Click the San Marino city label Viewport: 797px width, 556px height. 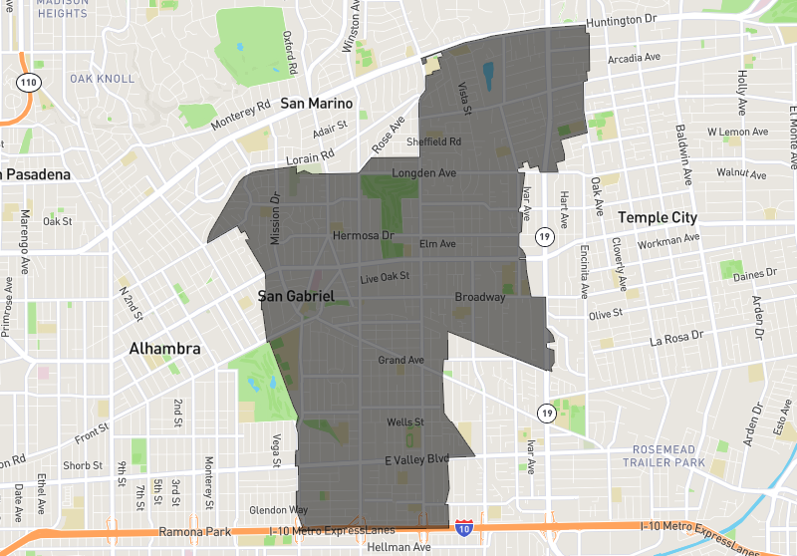[316, 104]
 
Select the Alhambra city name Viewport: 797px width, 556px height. [164, 350]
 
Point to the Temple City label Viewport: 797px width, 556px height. [659, 217]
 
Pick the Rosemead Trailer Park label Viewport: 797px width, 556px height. [660, 455]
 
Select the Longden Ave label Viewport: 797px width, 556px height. [423, 172]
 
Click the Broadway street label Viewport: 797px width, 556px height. [480, 297]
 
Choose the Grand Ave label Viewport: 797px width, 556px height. [400, 360]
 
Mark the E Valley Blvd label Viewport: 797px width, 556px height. [417, 458]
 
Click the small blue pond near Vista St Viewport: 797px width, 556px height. [487, 75]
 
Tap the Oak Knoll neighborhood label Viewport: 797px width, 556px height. [95, 79]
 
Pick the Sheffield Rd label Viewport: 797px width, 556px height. [433, 141]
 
